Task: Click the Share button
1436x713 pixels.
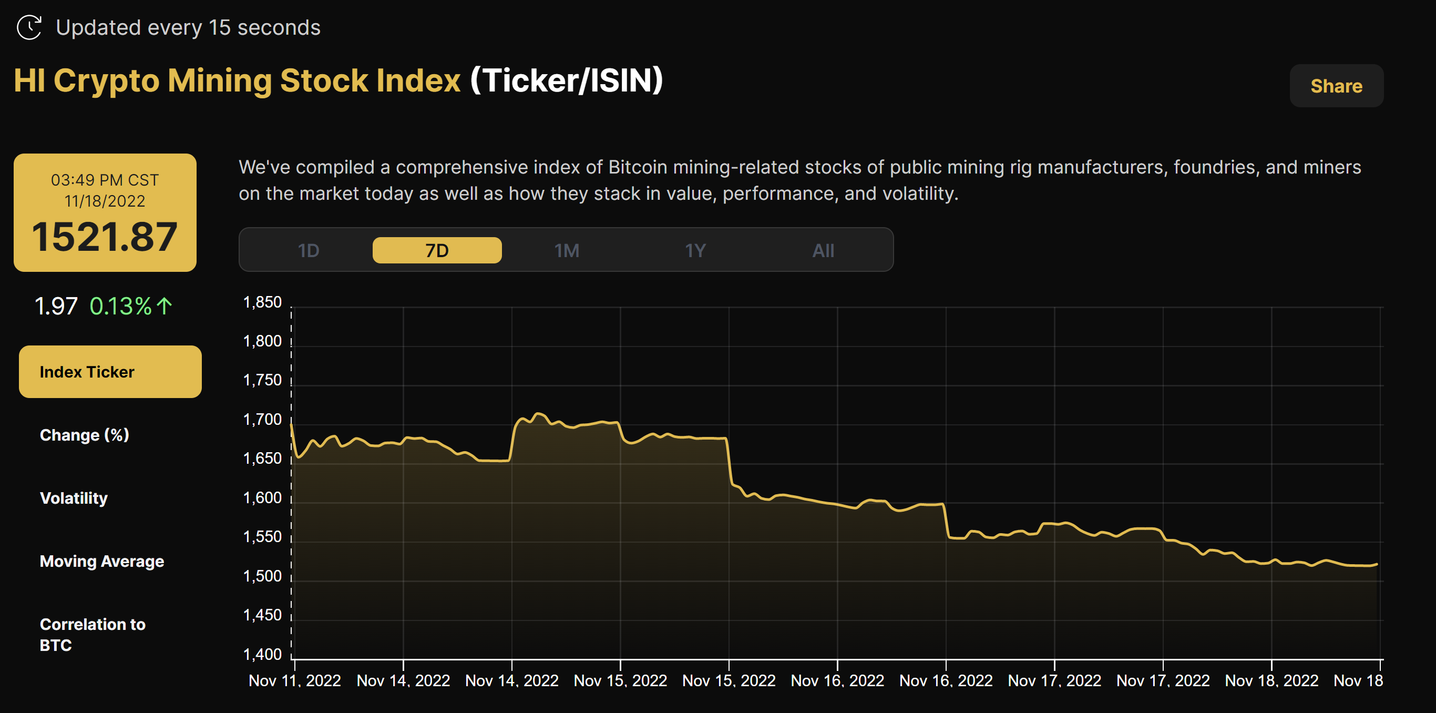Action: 1336,86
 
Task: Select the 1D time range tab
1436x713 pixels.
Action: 308,250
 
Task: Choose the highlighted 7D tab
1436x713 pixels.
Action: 436,250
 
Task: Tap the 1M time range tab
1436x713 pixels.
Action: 567,250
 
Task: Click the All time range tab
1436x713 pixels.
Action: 823,250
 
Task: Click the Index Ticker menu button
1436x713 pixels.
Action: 110,372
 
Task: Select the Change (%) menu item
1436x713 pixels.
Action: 84,435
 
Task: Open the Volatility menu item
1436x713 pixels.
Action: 74,498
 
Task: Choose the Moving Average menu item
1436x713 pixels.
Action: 101,561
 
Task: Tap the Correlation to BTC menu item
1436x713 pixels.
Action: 93,635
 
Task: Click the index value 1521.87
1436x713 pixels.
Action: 104,237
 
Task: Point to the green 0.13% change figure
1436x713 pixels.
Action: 120,306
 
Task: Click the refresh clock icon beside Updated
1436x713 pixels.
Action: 29,27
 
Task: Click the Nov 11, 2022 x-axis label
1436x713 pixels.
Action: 294,681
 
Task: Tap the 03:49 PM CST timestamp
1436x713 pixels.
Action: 105,180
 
